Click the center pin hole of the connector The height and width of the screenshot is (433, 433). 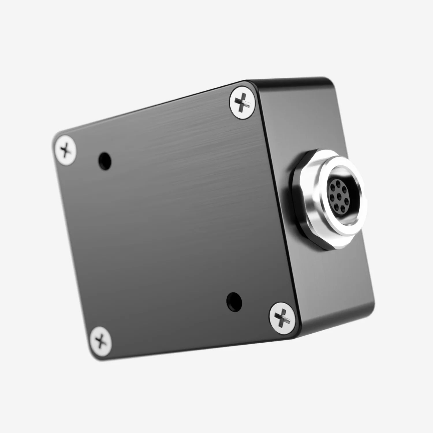339,197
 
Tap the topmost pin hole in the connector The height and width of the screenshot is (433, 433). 338,184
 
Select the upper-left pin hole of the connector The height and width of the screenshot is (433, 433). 333,188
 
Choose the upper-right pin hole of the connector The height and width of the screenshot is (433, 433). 344,190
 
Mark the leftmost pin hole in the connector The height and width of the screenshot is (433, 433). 332,198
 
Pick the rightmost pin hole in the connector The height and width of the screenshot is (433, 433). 347,201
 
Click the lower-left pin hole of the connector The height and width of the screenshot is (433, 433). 336,207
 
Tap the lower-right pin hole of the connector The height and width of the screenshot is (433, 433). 343,209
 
